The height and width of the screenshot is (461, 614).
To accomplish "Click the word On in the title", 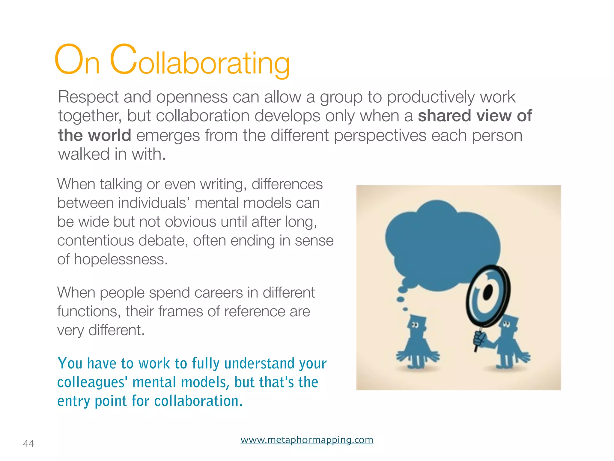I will point(77,60).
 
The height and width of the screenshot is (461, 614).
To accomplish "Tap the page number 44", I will point(28,443).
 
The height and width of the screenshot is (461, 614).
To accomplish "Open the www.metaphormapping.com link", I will point(307,440).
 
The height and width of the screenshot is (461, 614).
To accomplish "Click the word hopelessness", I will point(121,259).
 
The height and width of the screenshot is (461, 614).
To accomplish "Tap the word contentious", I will point(95,240).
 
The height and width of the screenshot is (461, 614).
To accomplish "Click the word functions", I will point(89,311).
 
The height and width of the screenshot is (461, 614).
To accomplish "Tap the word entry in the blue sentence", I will point(74,401).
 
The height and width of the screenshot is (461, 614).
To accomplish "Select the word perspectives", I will point(380,135).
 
